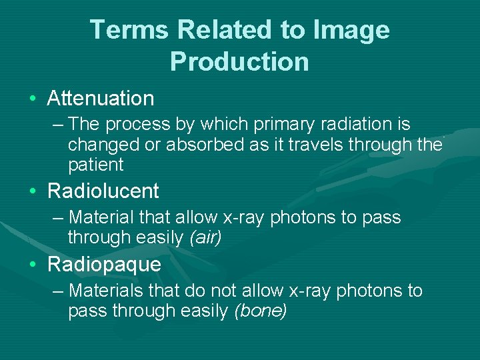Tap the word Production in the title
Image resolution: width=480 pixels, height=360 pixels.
[x=239, y=61]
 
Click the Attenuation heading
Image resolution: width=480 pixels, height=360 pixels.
[x=101, y=99]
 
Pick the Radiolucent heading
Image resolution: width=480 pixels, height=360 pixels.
[x=103, y=191]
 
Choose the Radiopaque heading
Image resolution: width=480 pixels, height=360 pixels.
[x=104, y=265]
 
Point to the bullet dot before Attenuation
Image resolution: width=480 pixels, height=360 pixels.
[x=33, y=99]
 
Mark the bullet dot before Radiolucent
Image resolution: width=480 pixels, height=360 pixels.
[x=33, y=192]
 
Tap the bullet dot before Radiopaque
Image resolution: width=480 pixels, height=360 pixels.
[x=33, y=265]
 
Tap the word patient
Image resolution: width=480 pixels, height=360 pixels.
[x=95, y=165]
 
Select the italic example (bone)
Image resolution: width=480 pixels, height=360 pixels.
[x=259, y=311]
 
